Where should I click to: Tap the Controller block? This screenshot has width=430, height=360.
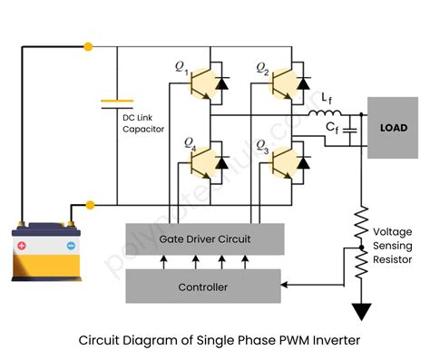pyautogui.click(x=203, y=287)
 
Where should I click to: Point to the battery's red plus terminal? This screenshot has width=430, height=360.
pyautogui.click(x=23, y=245)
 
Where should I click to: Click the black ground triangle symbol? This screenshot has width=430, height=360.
pyautogui.click(x=362, y=312)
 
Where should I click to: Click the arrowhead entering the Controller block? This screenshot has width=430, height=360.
pyautogui.click(x=287, y=287)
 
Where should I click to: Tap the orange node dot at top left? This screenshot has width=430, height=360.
pyautogui.click(x=88, y=44)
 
